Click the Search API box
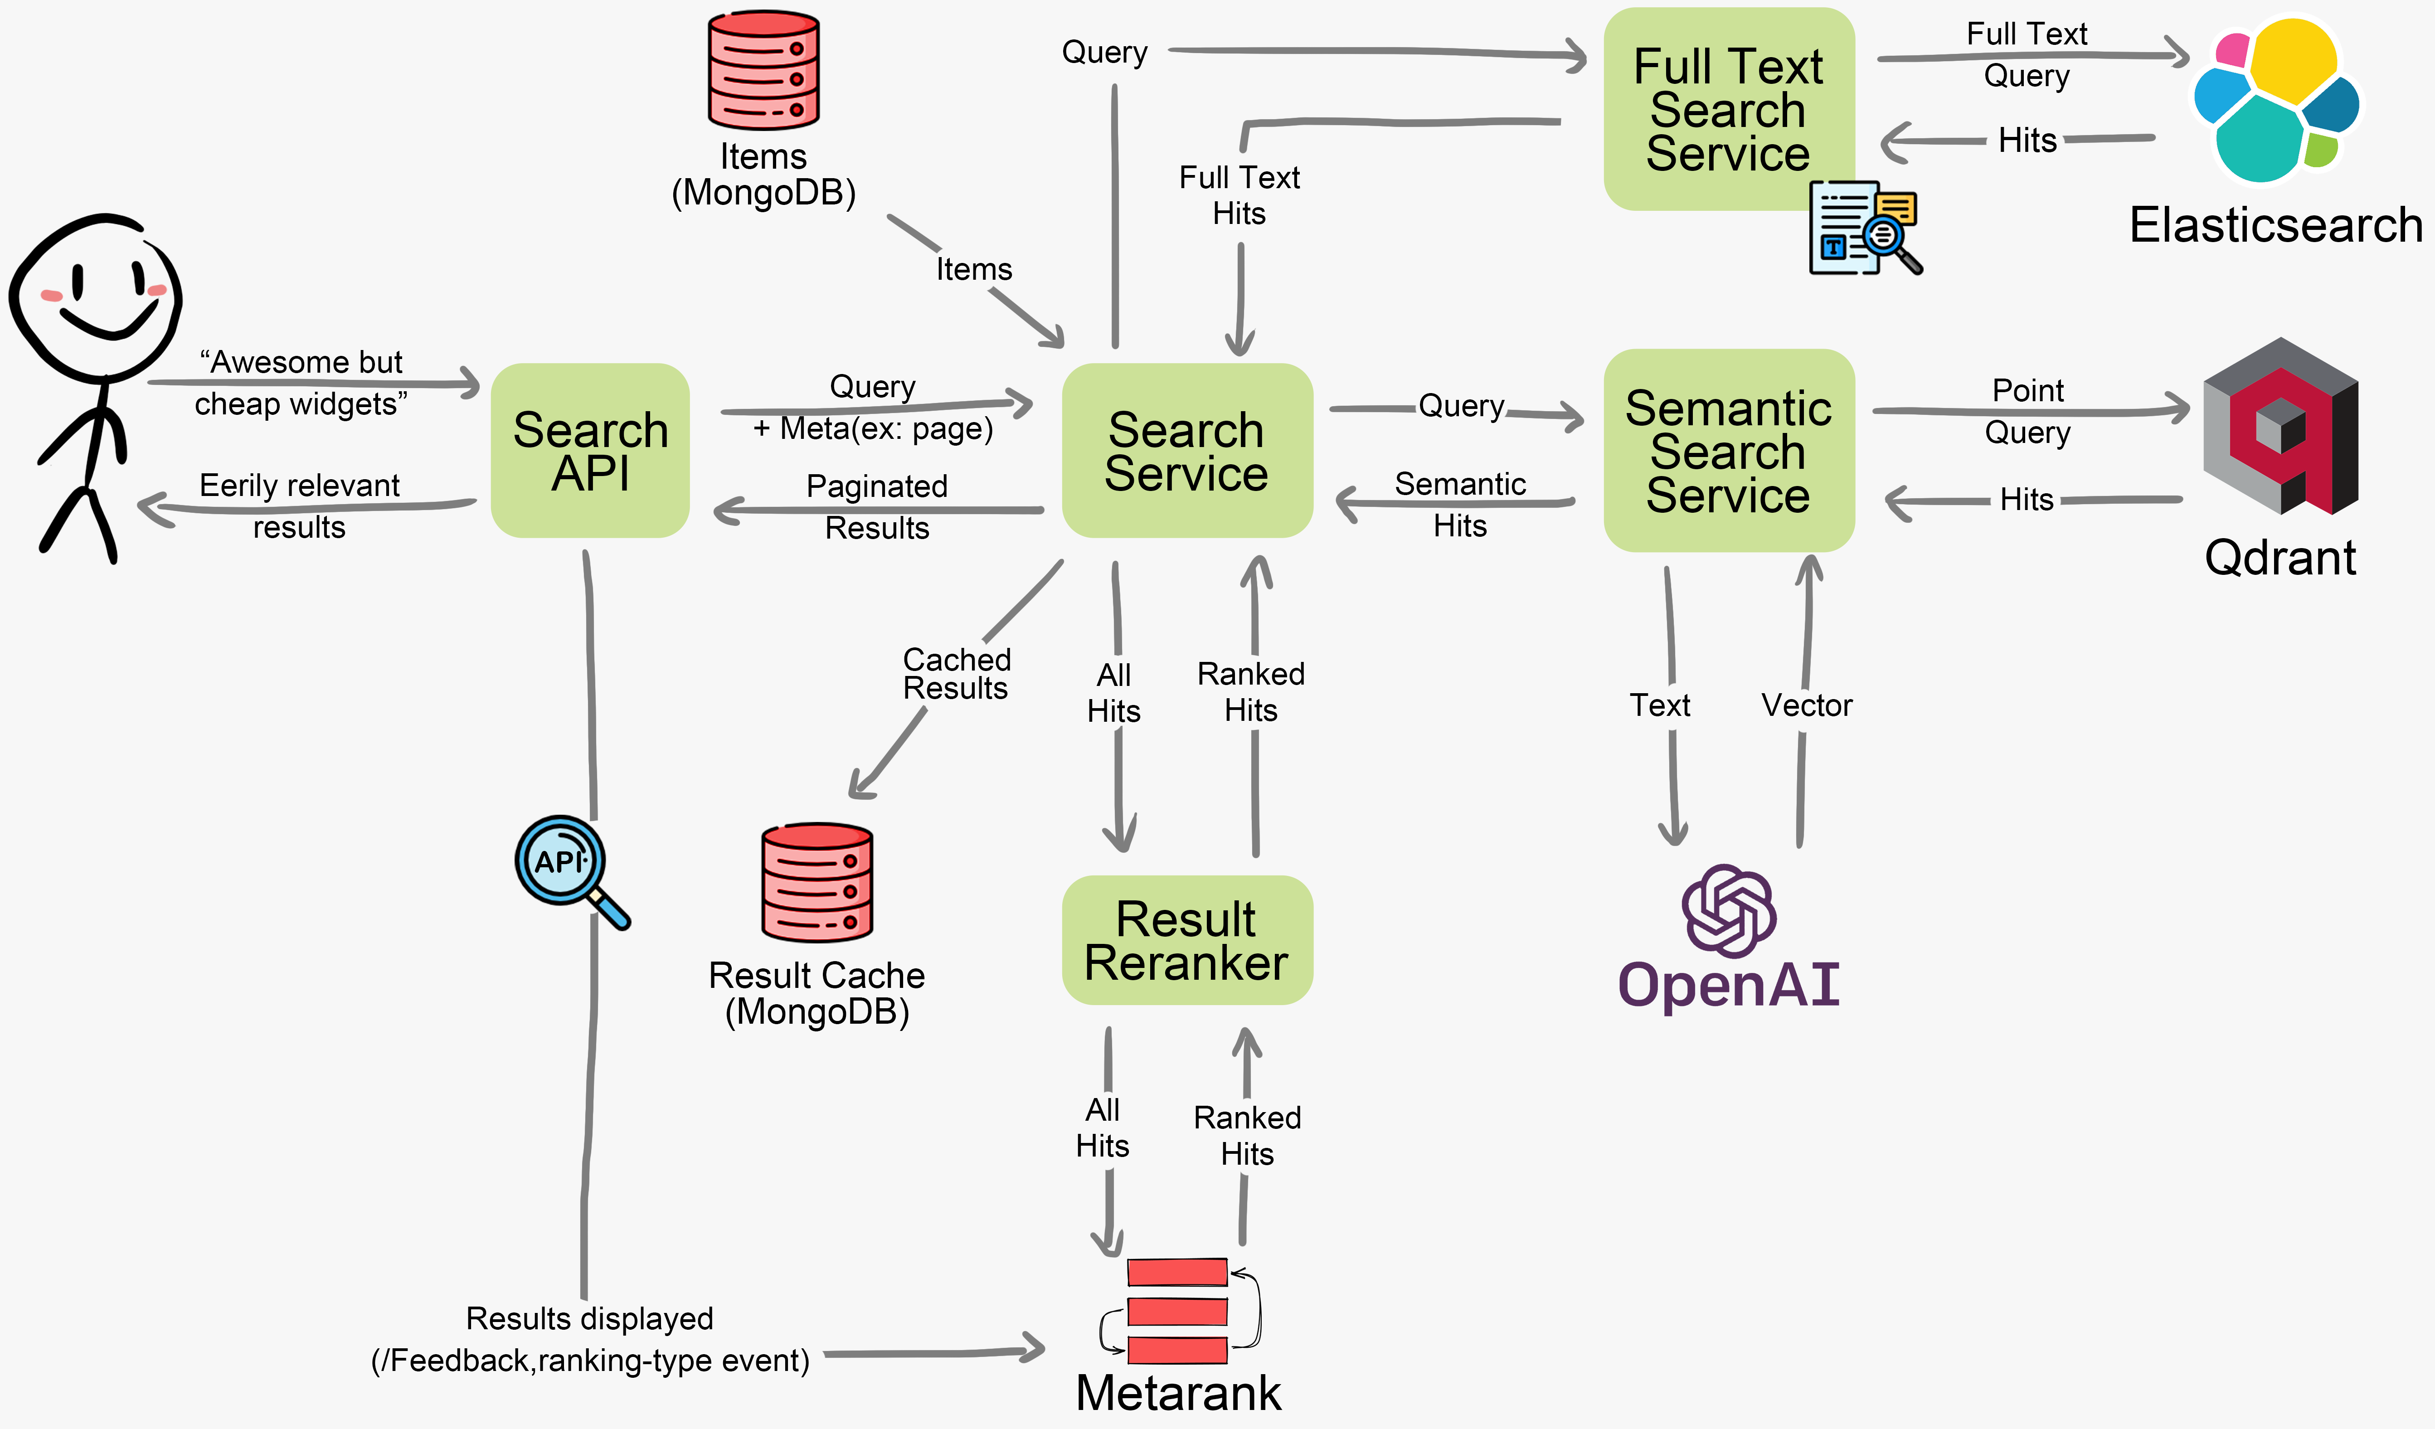(590, 450)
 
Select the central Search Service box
(1186, 450)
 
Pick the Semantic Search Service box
(1728, 450)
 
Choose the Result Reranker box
(1186, 940)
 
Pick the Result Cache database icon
(817, 882)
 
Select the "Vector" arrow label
(1806, 705)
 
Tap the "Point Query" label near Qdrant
(2027, 411)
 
